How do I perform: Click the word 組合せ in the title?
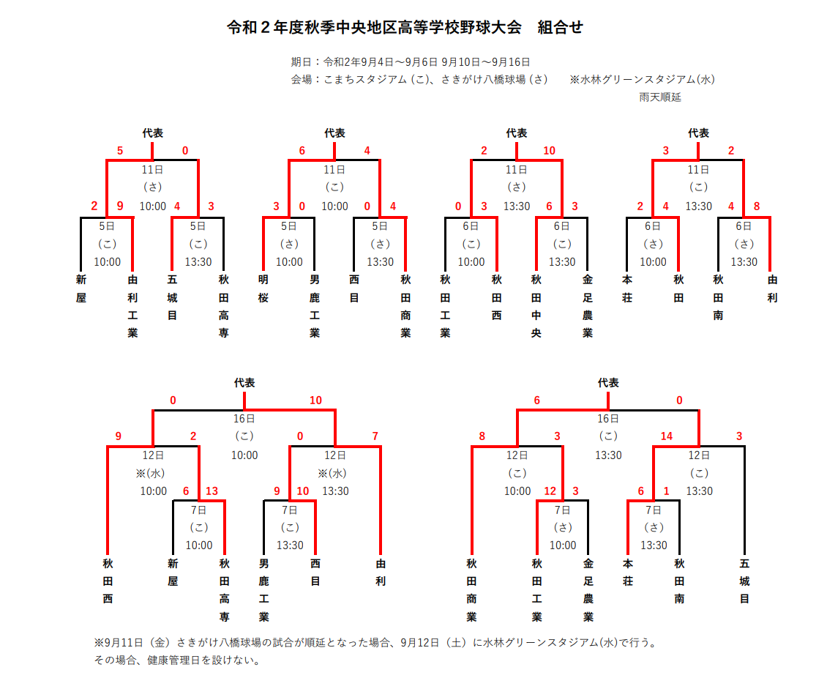click(560, 27)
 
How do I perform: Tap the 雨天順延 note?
click(660, 97)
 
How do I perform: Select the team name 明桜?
click(263, 288)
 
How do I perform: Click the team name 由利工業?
click(132, 307)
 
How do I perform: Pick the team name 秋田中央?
click(536, 307)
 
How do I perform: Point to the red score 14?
click(667, 436)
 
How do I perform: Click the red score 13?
click(212, 491)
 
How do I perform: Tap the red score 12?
click(550, 491)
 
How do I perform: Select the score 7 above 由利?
click(375, 436)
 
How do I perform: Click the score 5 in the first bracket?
click(120, 151)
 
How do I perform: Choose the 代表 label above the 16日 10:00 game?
click(244, 382)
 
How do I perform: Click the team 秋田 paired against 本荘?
click(678, 288)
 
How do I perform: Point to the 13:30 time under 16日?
click(608, 455)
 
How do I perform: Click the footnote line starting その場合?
click(177, 660)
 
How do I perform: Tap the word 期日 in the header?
click(301, 62)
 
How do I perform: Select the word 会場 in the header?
click(301, 79)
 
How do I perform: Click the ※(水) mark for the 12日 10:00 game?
click(150, 473)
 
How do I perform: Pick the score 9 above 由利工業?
click(120, 206)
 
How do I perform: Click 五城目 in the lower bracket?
click(744, 581)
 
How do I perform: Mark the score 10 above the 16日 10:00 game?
click(315, 401)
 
